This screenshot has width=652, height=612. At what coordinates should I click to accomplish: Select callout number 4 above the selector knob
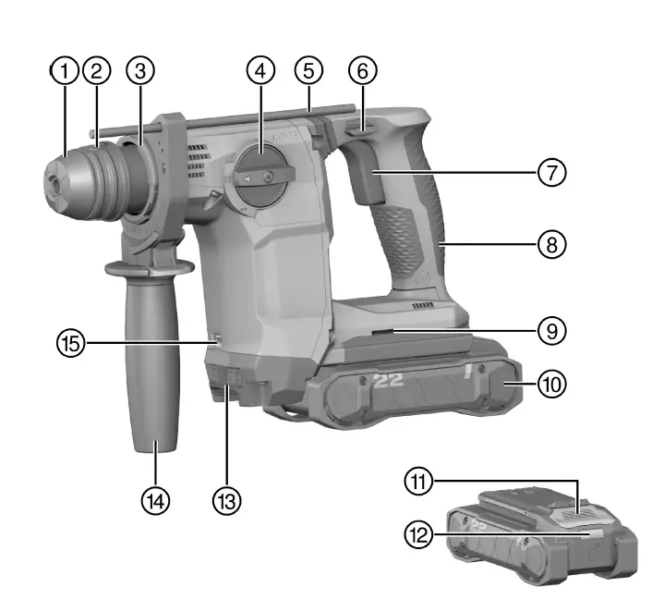pos(261,70)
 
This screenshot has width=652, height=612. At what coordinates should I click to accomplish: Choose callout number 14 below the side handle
pos(156,500)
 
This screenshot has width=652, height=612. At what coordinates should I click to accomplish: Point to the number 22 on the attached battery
pos(390,380)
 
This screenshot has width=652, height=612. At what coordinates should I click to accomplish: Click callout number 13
pos(225,500)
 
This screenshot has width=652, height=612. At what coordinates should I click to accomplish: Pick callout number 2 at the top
pos(95,70)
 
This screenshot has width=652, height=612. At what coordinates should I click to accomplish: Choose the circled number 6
pos(363,70)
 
